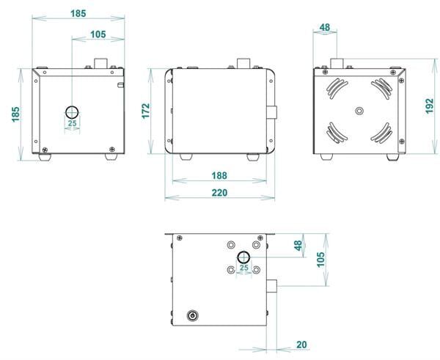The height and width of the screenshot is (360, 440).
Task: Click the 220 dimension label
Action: [x=219, y=193]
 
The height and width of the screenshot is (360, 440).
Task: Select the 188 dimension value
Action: [x=219, y=176]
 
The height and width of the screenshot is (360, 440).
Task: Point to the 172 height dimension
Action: [x=146, y=111]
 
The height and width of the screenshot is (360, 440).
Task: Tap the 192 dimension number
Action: [x=429, y=106]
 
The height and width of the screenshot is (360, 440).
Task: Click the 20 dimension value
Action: [x=301, y=345]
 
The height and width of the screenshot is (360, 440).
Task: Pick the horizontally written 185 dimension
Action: [x=78, y=13]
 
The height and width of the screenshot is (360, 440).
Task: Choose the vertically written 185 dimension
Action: [x=15, y=114]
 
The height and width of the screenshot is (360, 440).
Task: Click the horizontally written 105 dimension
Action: [x=98, y=34]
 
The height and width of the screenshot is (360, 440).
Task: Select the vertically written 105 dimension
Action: [x=320, y=260]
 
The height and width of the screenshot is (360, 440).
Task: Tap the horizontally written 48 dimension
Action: [x=325, y=28]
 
